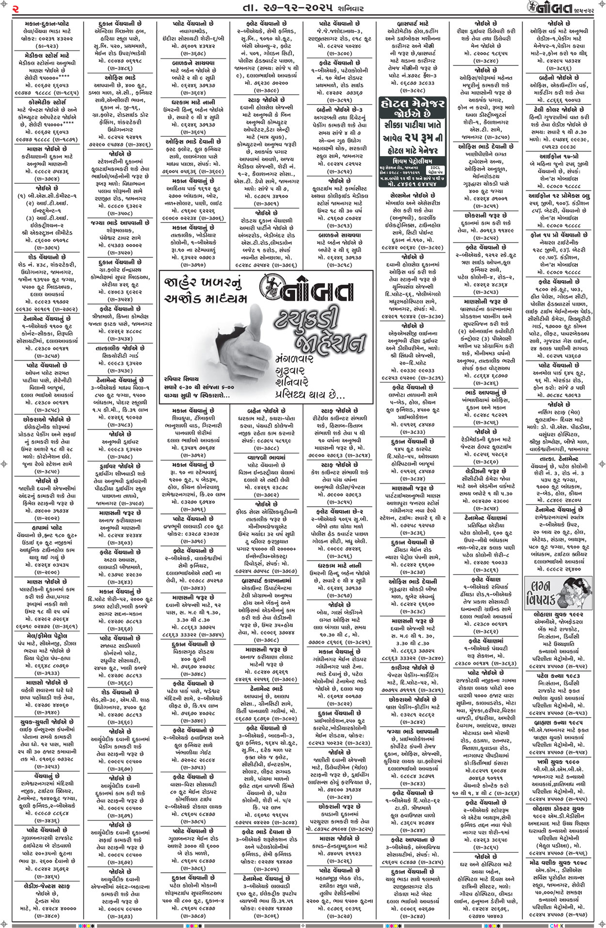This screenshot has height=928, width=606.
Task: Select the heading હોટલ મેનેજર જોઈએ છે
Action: coord(412,109)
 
